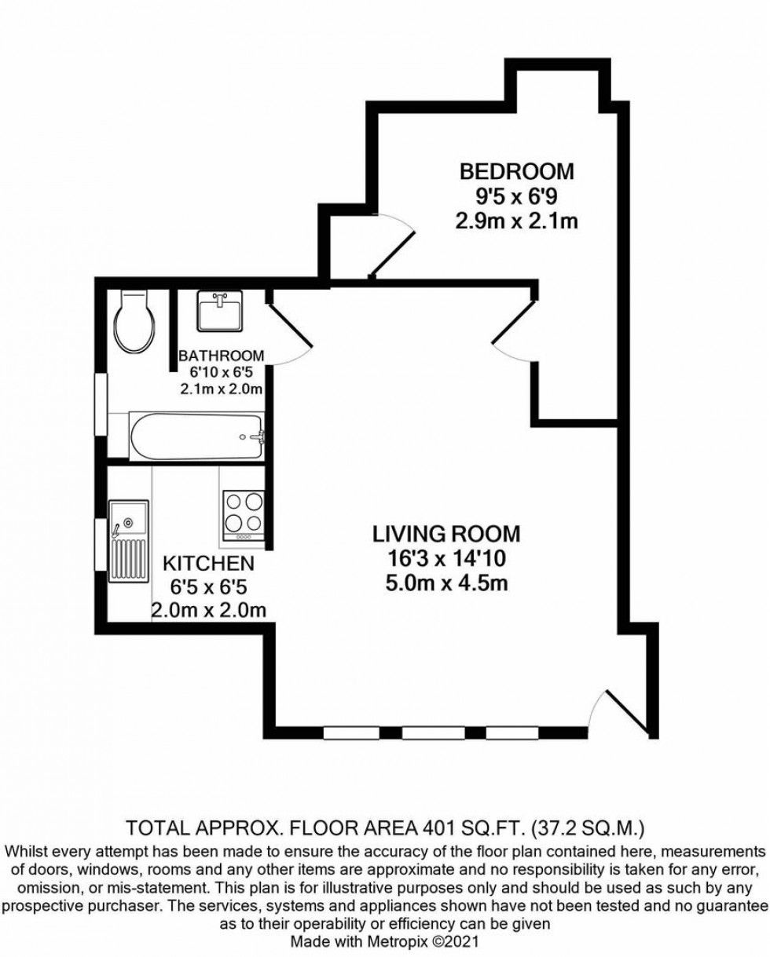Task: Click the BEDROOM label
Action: click(x=516, y=170)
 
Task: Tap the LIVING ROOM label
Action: click(x=445, y=535)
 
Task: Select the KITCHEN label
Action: click(x=207, y=564)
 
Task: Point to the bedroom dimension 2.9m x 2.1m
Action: click(x=516, y=221)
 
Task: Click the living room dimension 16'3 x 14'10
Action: click(x=445, y=561)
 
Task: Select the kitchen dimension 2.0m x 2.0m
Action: click(x=208, y=610)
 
